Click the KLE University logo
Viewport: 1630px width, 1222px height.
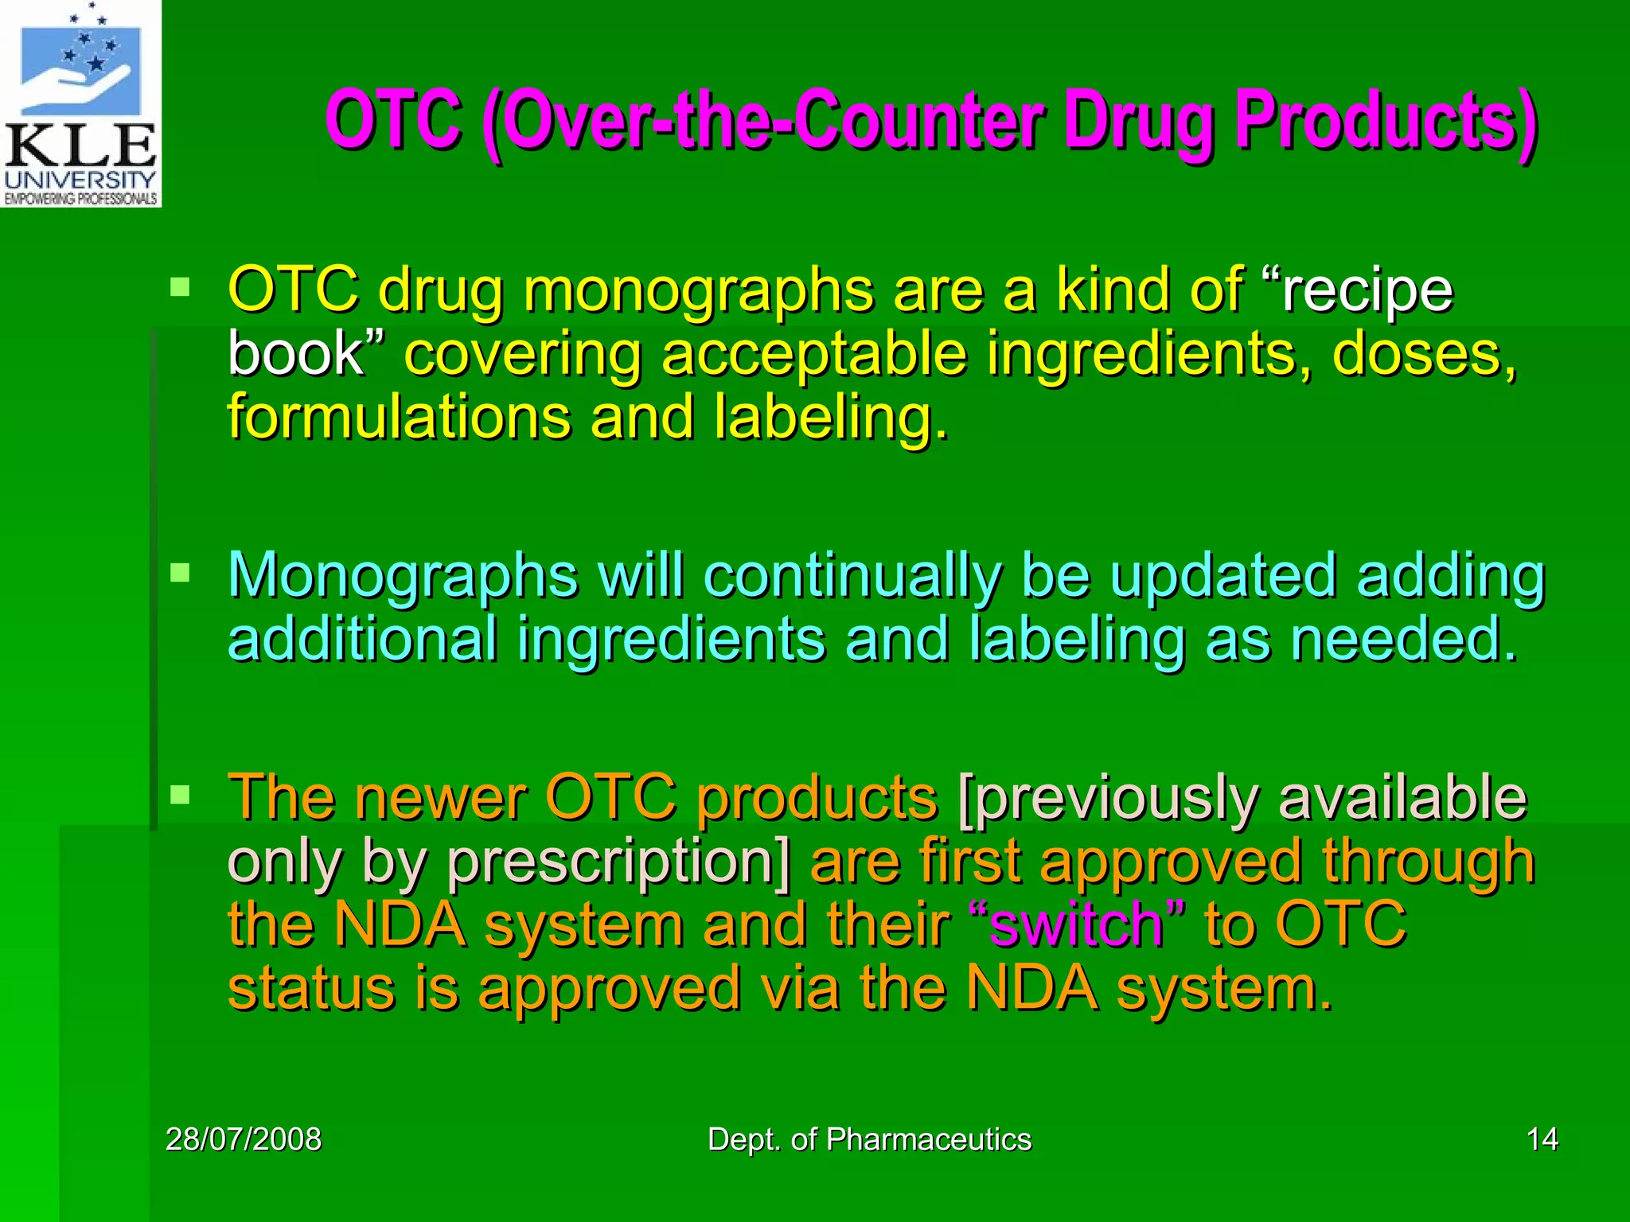[80, 103]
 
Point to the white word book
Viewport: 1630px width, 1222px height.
[294, 354]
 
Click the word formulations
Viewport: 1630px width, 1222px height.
[398, 418]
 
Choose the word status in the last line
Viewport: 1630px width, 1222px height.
[311, 989]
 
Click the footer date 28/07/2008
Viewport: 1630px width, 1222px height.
[244, 1139]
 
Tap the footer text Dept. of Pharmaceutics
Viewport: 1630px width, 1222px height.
[869, 1139]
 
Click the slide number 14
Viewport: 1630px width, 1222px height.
[1542, 1139]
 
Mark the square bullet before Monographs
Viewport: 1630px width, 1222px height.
[181, 573]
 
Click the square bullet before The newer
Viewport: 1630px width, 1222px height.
[181, 794]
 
